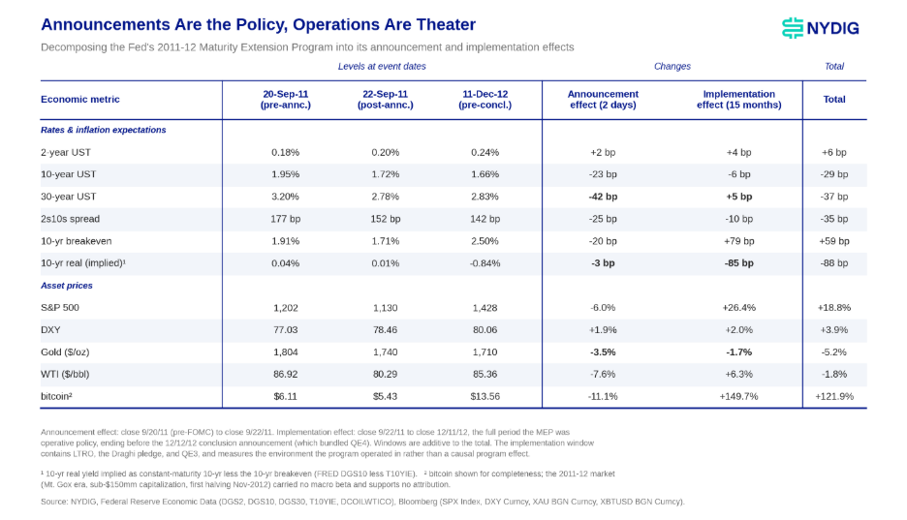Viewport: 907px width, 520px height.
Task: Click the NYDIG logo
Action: (x=820, y=28)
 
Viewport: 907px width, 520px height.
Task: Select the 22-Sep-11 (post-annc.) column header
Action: (x=386, y=100)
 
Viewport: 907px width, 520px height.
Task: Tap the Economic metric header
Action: (x=79, y=100)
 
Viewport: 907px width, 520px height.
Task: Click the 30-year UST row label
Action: (x=68, y=197)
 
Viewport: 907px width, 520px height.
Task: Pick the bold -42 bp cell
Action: (x=603, y=197)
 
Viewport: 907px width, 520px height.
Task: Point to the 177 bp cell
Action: (x=285, y=219)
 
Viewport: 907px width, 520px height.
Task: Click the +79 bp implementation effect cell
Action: (x=738, y=241)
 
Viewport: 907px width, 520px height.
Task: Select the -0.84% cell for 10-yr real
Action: (x=485, y=263)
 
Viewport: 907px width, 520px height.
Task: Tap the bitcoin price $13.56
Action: (x=485, y=396)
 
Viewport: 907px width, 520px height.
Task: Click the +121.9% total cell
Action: (x=834, y=396)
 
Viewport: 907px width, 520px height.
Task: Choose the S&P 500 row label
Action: (x=59, y=308)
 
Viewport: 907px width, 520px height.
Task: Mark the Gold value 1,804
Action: (x=285, y=352)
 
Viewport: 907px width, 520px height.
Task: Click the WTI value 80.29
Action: (x=386, y=375)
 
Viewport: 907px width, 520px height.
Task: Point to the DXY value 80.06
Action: (x=485, y=330)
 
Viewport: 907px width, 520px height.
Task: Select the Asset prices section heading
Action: (x=67, y=286)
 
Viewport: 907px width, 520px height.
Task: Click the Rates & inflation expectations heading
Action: (x=103, y=130)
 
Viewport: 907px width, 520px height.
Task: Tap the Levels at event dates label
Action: (x=382, y=67)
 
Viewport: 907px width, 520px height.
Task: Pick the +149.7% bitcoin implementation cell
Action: (x=738, y=396)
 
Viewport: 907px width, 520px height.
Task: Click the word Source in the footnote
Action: (x=54, y=502)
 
